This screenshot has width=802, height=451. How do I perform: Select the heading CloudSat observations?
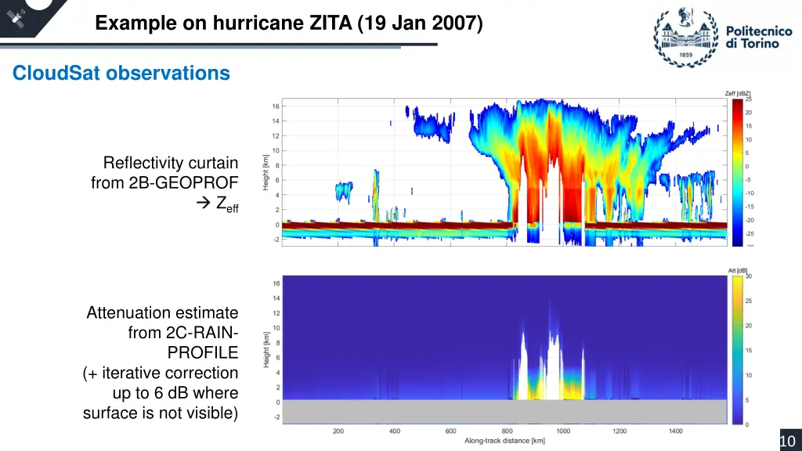(121, 74)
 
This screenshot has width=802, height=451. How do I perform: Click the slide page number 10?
(787, 442)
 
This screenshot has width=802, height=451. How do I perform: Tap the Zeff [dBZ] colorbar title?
(739, 94)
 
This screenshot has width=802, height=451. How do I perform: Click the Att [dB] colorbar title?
(738, 271)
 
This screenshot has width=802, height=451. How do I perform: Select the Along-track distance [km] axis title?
(504, 442)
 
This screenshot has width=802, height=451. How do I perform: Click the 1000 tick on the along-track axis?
(563, 431)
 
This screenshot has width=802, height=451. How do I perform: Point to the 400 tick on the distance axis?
(395, 431)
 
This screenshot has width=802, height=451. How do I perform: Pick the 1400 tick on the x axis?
(676, 431)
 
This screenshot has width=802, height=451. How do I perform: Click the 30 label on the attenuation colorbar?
(749, 276)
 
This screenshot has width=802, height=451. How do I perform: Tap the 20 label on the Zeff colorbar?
(749, 113)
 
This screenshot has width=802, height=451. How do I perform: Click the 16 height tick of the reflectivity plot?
(276, 106)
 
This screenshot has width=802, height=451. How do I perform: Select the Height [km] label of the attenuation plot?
(266, 349)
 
